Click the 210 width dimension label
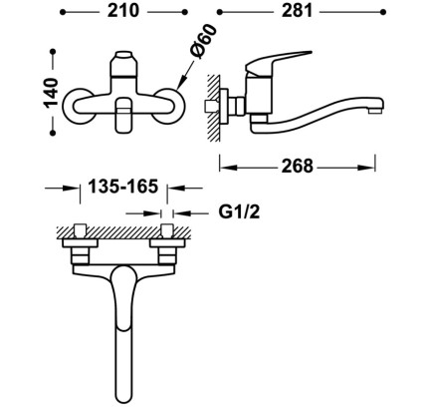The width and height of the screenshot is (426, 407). [x=123, y=11]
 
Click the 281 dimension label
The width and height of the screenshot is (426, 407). [x=297, y=11]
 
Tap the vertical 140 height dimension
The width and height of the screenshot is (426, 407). [x=51, y=92]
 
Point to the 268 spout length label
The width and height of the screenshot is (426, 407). [x=297, y=166]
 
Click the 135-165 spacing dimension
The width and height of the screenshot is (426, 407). [x=123, y=187]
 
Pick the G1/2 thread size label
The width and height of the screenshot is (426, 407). [x=239, y=211]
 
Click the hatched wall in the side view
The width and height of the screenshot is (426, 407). [x=213, y=108]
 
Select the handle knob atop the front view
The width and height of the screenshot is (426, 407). [x=123, y=64]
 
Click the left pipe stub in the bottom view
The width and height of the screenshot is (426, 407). [x=81, y=230]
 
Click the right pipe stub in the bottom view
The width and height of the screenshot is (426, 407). [x=167, y=230]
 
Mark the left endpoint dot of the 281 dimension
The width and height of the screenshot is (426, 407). [x=219, y=12]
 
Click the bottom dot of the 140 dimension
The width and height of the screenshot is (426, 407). [x=53, y=133]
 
